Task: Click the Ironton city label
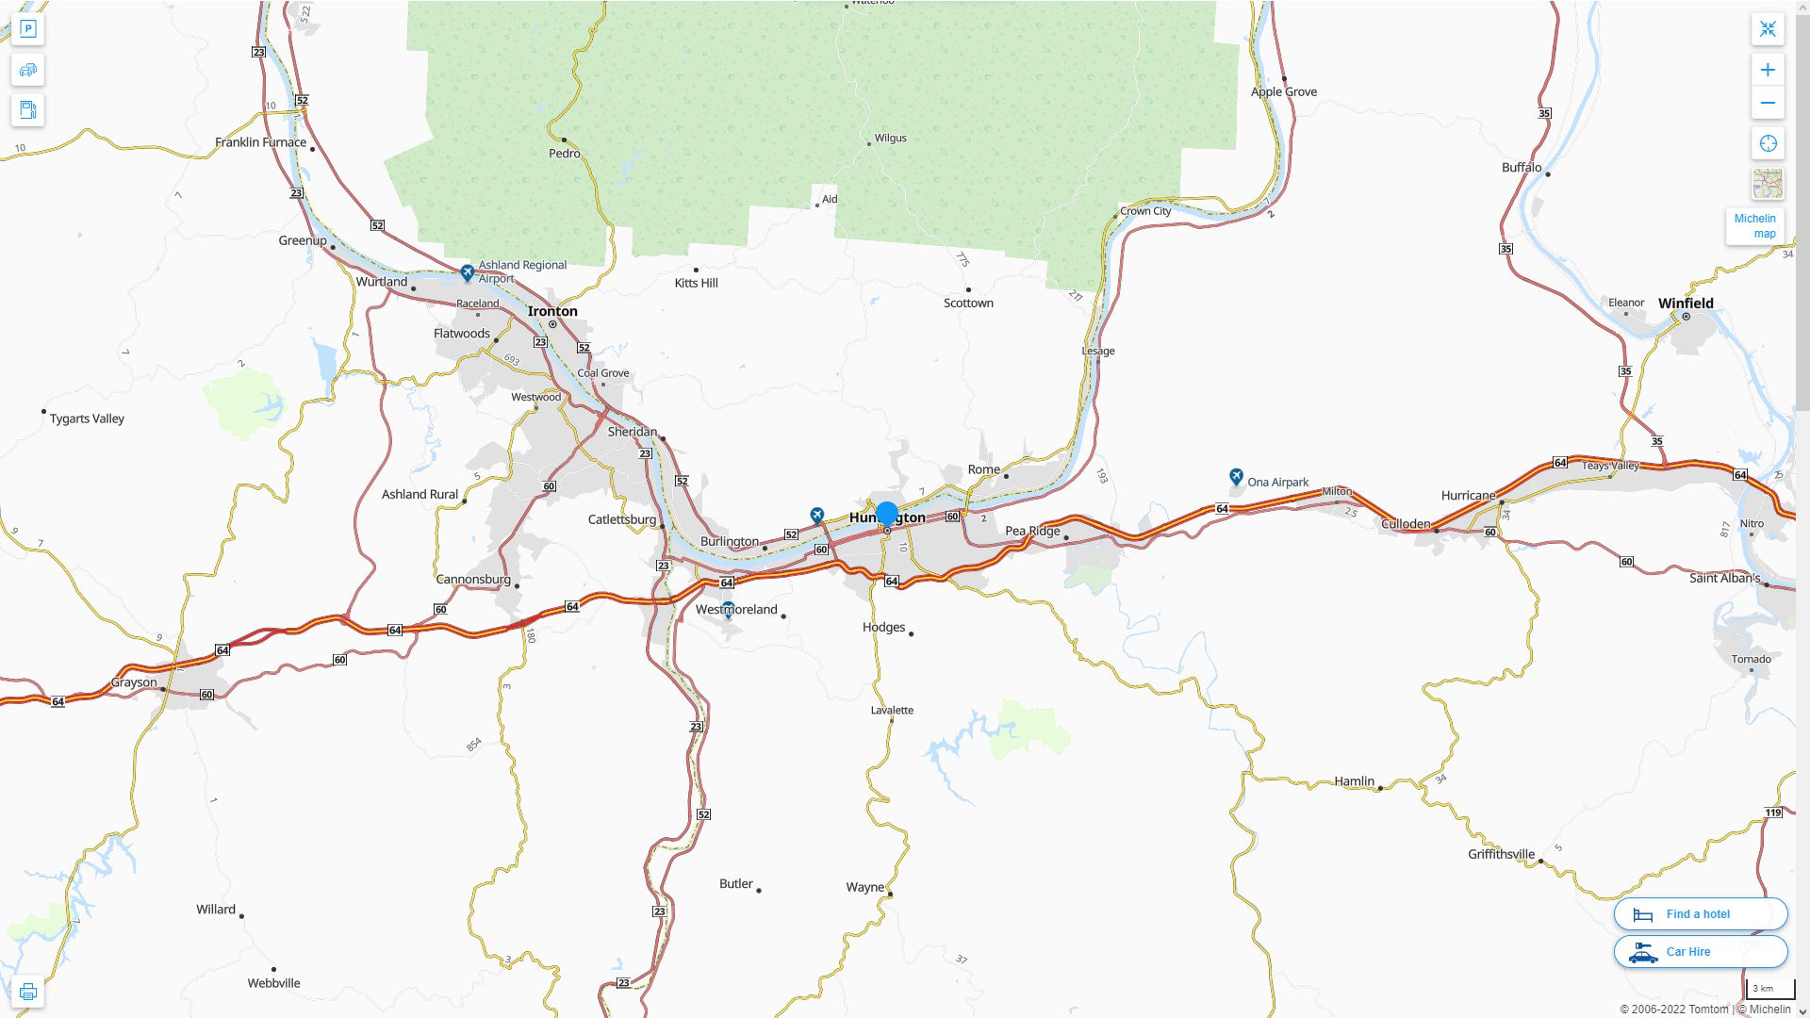pos(552,311)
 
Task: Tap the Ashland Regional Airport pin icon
pos(467,273)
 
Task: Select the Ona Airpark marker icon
pos(1236,478)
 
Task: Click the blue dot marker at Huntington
pos(886,514)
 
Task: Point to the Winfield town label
pos(1686,304)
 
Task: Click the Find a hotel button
pos(1700,914)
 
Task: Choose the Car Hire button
pos(1700,952)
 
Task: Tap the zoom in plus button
pos(1768,70)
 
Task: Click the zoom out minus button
pos(1768,104)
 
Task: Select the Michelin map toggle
pos(1754,226)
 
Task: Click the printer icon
pos(27,992)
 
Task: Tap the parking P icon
pos(27,29)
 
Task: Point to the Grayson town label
pos(134,682)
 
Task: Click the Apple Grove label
pos(1283,92)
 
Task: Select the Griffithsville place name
pos(1501,855)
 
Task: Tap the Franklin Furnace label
pos(260,142)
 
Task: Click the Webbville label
pos(273,983)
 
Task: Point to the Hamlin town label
pos(1354,781)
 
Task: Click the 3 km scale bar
pos(1769,989)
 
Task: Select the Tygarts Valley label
pos(87,419)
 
